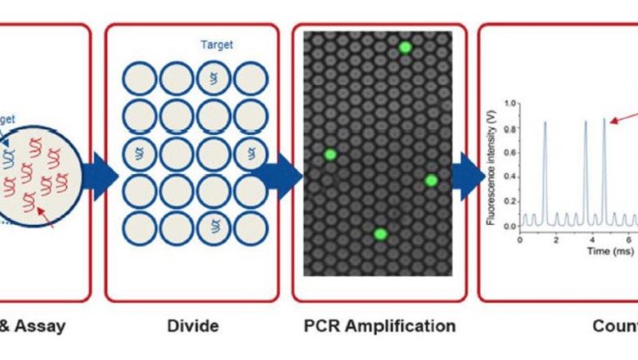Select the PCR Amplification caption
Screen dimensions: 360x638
click(380, 326)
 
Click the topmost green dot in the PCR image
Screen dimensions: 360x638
click(405, 47)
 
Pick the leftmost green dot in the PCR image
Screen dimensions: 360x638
click(330, 155)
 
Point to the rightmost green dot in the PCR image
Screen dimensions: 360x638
click(431, 180)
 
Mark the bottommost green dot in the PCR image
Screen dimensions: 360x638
click(380, 234)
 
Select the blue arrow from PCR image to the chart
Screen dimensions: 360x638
click(467, 176)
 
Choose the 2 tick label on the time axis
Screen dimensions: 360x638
click(556, 239)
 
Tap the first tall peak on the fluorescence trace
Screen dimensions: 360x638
click(545, 123)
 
